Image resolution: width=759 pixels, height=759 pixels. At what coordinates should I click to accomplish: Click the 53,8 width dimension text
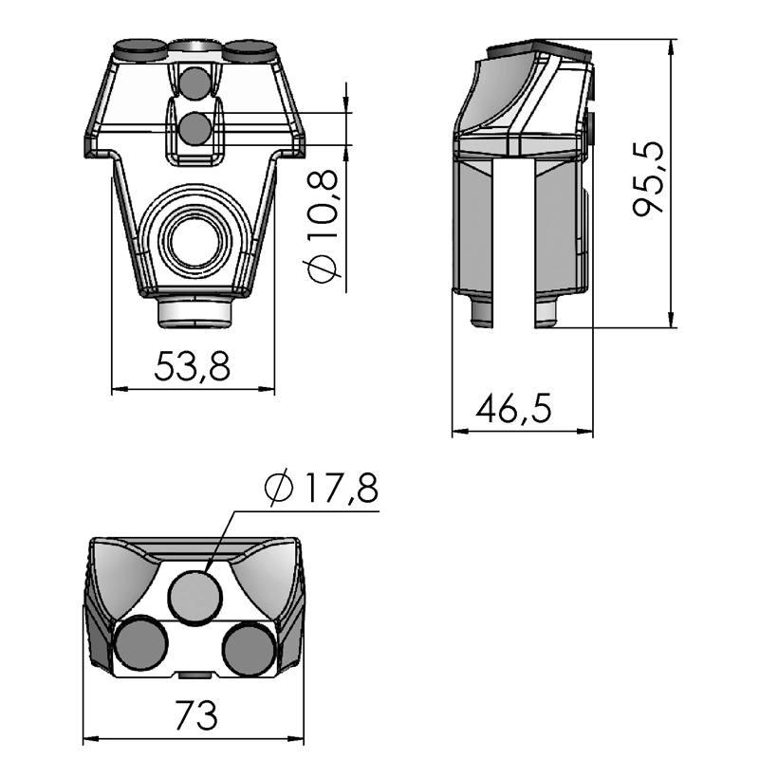192,366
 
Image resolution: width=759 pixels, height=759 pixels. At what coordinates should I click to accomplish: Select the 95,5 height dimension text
651,180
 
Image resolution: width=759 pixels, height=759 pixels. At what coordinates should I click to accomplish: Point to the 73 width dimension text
195,714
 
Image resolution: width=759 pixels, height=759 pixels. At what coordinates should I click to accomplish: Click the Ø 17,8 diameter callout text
322,489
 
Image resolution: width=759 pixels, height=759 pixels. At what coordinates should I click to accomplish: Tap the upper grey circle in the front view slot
197,83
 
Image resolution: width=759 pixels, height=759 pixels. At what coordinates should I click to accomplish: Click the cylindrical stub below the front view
194,311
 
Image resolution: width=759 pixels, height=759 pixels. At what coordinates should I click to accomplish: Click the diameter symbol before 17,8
281,489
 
